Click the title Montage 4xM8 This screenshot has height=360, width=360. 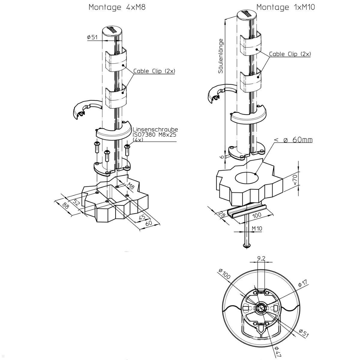pyautogui.click(x=117, y=7)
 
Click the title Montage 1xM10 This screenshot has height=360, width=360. pyautogui.click(x=286, y=7)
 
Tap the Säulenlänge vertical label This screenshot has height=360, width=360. pyautogui.click(x=221, y=56)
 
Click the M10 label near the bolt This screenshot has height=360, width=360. pyautogui.click(x=257, y=228)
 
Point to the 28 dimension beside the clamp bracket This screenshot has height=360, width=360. pyautogui.click(x=222, y=215)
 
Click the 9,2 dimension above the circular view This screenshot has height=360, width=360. pyautogui.click(x=261, y=258)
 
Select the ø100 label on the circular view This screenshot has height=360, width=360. pyautogui.click(x=225, y=274)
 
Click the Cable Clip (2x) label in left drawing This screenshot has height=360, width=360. pyautogui.click(x=154, y=71)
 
